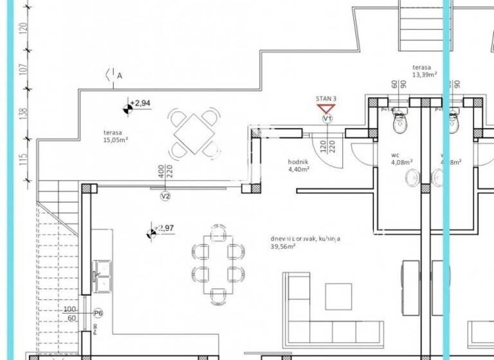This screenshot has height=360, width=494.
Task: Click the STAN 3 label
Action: [x=326, y=98]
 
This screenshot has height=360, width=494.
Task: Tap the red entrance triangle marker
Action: [x=327, y=109]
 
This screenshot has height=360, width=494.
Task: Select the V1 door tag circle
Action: [x=327, y=119]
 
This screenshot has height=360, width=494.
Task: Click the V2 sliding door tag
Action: [x=165, y=196]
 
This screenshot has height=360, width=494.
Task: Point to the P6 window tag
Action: [x=98, y=313]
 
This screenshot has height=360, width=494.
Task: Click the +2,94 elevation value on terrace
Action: [x=141, y=103]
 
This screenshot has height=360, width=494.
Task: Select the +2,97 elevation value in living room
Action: [x=167, y=228]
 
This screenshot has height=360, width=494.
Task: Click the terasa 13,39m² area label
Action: [x=425, y=71]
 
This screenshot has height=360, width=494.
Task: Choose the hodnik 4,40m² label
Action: [x=299, y=166]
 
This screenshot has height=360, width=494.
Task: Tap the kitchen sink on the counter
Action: [x=102, y=273]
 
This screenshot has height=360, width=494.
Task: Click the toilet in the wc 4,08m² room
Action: [x=400, y=120]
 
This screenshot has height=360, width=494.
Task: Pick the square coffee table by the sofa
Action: [x=338, y=296]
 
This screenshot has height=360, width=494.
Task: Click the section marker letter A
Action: [x=120, y=76]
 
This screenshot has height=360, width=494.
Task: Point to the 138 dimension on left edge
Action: [x=24, y=113]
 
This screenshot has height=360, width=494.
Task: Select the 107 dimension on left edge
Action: [x=24, y=69]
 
